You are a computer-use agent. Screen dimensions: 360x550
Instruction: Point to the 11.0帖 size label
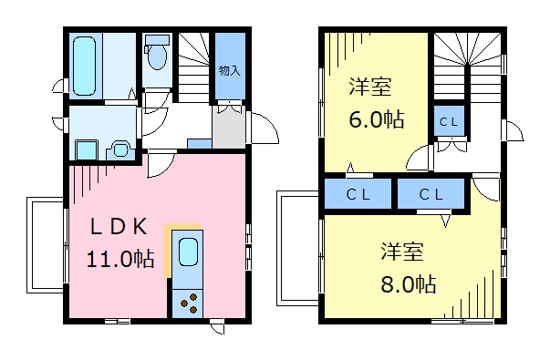coord(119,258)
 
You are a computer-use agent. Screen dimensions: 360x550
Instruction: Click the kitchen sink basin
coord(187,252)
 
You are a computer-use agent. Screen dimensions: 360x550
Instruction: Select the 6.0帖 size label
coord(374,119)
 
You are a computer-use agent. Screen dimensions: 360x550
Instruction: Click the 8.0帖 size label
coord(407,283)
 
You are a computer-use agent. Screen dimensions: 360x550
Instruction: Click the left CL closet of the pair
coord(358,194)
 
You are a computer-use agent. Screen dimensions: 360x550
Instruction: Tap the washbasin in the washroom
coord(119,147)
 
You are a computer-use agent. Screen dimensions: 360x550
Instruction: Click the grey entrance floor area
coord(228,128)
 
